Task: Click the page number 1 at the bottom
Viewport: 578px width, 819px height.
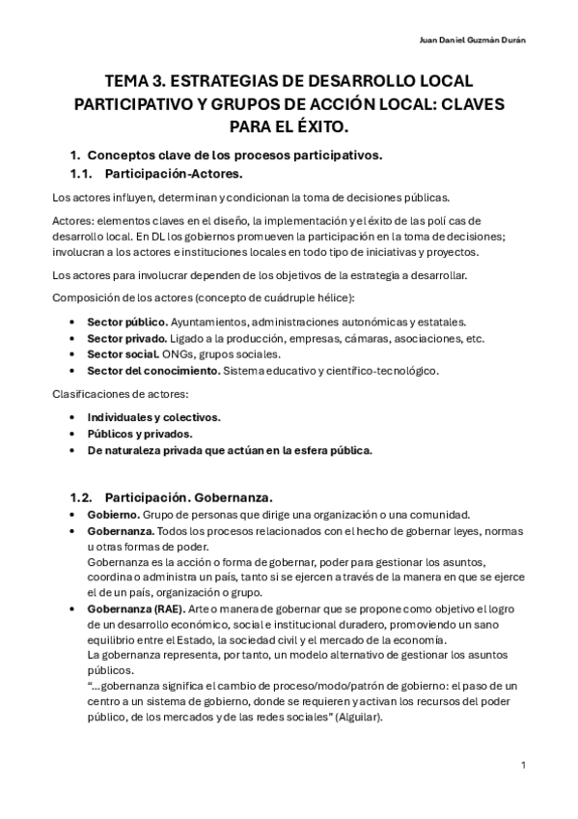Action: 522,765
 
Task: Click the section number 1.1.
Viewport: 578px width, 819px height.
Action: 86,174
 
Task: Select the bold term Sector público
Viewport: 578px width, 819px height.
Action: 125,321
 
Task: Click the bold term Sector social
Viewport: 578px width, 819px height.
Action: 122,353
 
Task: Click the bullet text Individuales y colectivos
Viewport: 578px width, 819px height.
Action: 153,416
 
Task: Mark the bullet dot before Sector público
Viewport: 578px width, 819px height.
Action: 75,321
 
